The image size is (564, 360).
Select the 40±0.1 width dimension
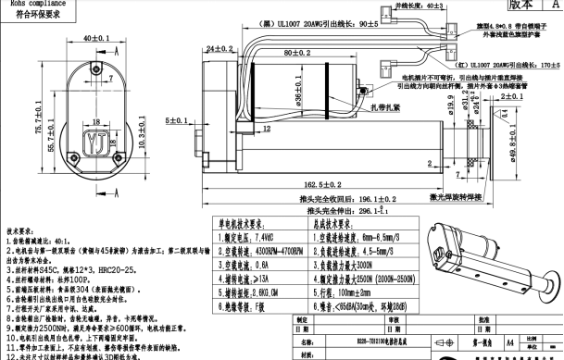tap(92, 40)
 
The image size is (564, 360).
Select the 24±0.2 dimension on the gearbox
tap(219, 47)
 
